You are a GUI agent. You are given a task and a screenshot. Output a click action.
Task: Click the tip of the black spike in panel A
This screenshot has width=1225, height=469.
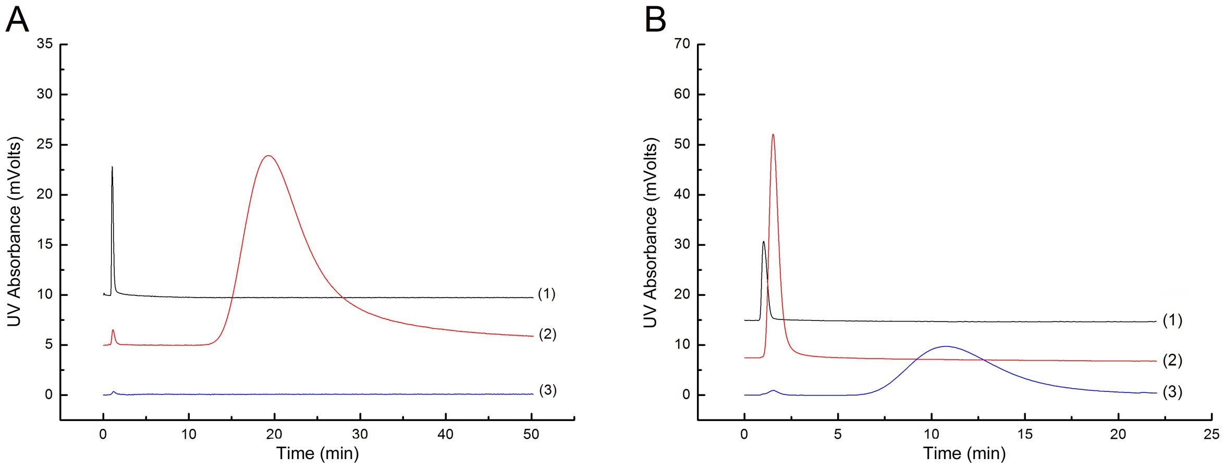[x=112, y=167]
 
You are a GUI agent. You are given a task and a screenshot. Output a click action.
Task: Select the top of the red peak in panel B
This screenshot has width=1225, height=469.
[x=773, y=134]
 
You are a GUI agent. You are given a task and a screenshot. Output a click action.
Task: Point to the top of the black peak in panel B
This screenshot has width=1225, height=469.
[x=763, y=242]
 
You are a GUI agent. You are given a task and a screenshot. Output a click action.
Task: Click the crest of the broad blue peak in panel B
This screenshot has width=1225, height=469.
[x=946, y=346]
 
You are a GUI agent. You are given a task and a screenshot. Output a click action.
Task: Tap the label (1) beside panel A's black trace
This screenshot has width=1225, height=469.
[x=547, y=294]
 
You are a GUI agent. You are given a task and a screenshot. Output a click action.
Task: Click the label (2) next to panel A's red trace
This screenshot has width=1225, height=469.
[x=547, y=334]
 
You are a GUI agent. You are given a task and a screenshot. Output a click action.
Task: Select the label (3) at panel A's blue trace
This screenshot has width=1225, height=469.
[x=547, y=390]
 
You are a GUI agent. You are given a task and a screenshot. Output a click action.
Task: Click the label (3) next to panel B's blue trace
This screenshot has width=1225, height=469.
[x=1173, y=392]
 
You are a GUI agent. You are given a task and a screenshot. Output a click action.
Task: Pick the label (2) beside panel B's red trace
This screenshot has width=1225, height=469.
[x=1173, y=360]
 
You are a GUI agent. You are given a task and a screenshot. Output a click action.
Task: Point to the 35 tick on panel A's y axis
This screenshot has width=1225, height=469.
[x=45, y=44]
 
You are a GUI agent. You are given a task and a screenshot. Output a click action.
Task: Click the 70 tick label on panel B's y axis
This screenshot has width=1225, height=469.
[x=682, y=44]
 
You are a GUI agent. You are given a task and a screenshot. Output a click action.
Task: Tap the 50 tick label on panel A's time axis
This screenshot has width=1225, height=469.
[x=531, y=434]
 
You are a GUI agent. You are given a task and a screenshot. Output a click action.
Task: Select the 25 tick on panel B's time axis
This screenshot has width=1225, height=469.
[x=1211, y=434]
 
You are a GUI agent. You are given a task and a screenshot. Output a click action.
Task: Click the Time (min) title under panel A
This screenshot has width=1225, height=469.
[x=317, y=453]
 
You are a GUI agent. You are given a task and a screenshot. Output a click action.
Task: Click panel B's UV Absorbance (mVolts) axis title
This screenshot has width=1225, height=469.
[x=650, y=233]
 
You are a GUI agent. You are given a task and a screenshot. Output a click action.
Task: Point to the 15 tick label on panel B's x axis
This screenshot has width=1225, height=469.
[x=1025, y=434]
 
